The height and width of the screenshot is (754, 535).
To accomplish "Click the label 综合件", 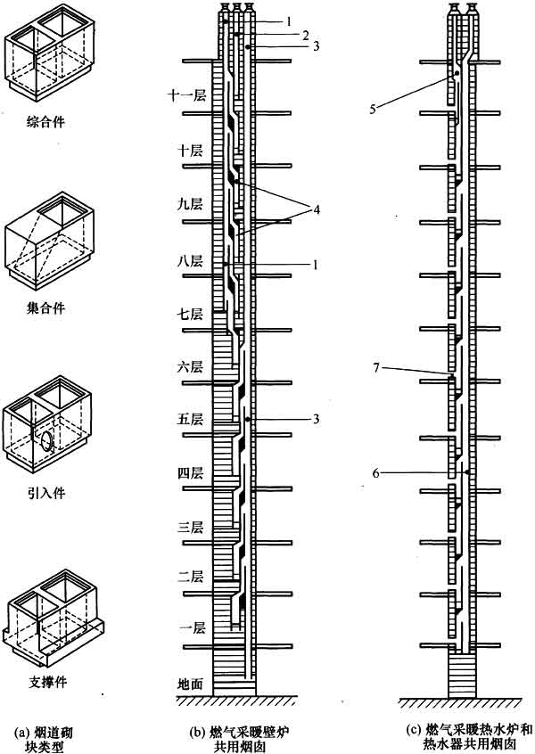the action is [45, 122].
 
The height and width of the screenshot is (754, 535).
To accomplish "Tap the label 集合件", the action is [45, 307].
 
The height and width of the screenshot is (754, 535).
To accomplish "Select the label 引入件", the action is [46, 493].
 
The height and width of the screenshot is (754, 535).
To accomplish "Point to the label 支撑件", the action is [47, 682].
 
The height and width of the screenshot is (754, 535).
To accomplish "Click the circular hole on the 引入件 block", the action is [47, 440].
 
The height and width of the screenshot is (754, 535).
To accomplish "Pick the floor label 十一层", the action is [186, 94].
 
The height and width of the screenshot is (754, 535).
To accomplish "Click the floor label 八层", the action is [190, 261].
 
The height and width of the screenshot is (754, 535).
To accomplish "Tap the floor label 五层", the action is [190, 419].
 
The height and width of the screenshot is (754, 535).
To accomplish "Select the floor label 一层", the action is [192, 627].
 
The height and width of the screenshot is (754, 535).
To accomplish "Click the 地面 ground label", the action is [191, 684].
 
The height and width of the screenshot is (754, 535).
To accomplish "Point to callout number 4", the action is [316, 209].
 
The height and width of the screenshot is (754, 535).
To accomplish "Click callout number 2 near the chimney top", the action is [306, 35].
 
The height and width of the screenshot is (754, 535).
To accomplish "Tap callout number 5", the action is [373, 109].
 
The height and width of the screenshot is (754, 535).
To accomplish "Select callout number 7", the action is [376, 368].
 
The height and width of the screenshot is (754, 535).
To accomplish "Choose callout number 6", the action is [375, 473].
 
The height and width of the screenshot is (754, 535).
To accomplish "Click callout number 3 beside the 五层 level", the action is [316, 419].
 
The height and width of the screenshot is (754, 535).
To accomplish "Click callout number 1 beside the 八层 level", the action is [315, 265].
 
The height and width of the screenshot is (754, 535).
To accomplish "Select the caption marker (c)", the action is [413, 731].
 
